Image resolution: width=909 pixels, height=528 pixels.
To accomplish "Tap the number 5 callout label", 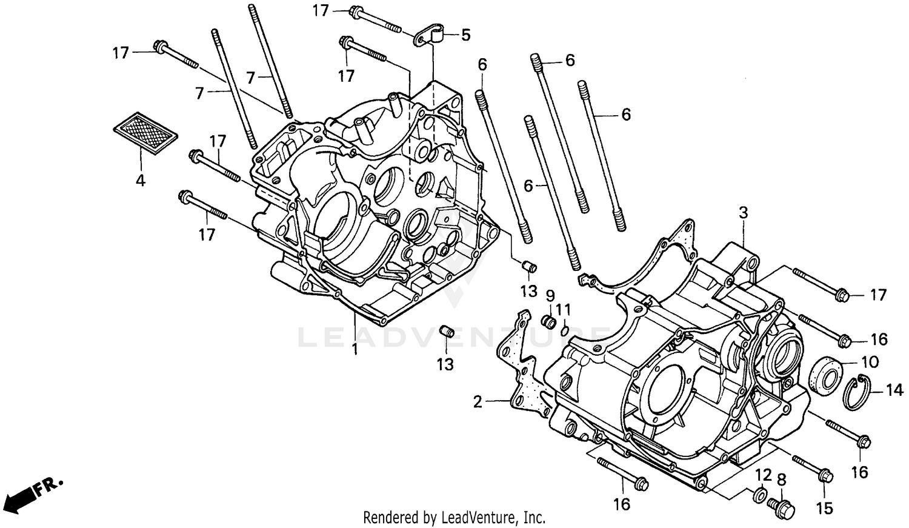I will [465, 35].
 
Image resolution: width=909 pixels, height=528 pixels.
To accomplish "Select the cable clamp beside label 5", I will [430, 35].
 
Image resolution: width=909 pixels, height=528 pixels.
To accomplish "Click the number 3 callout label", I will [743, 213].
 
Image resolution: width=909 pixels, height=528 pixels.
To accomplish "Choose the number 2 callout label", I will [478, 401].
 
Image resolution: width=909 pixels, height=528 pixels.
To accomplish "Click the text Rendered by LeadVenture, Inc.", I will [454, 518].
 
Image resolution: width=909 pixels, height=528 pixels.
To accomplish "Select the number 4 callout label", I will [141, 180].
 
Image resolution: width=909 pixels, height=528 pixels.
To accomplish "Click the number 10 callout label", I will [869, 362].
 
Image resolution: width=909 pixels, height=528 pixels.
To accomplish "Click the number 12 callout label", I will [763, 473].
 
